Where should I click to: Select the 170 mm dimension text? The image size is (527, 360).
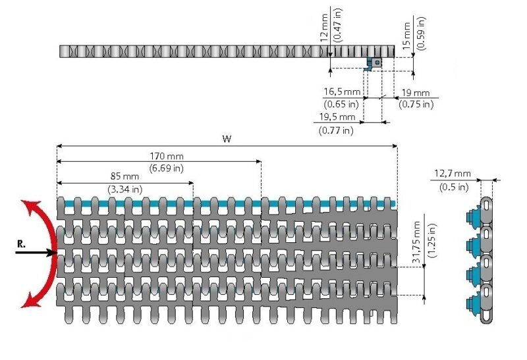(167, 157)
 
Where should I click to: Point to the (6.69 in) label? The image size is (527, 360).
(167, 168)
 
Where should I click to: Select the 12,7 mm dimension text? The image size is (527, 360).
(452, 174)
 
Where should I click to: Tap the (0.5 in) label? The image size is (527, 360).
(453, 187)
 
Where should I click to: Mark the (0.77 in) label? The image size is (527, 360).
(336, 130)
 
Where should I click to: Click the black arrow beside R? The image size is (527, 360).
(36, 253)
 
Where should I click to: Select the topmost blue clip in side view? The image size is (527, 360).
(472, 217)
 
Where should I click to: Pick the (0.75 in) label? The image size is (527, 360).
(415, 104)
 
